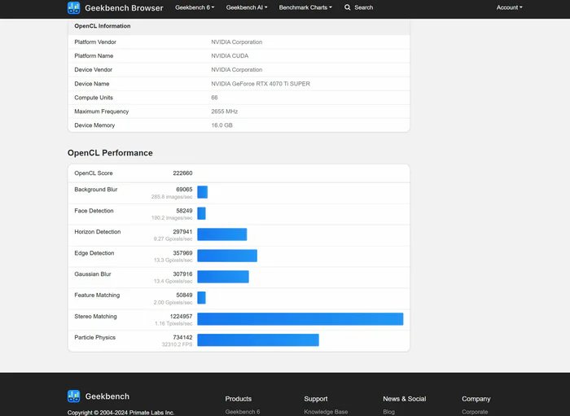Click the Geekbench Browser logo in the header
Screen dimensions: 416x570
[x=115, y=7]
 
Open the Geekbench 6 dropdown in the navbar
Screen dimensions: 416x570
[x=195, y=7]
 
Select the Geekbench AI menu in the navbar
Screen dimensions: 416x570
[x=247, y=7]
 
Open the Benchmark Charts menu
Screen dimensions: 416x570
[x=305, y=7]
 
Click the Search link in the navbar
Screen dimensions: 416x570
[x=359, y=7]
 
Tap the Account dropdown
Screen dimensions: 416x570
[x=510, y=7]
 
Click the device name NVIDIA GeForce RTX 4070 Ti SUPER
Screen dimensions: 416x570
[x=261, y=84]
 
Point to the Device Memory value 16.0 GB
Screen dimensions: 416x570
[x=222, y=125]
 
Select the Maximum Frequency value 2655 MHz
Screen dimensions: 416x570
[x=225, y=112]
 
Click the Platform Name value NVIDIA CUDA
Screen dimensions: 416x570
[x=230, y=56]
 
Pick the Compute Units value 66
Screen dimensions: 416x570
[x=214, y=98]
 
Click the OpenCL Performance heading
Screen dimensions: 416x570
[x=110, y=153]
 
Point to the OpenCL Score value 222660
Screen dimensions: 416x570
[x=182, y=173]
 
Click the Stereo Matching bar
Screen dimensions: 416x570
[x=300, y=319]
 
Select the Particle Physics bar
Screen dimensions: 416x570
[x=257, y=340]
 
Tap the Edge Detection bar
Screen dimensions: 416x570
[x=227, y=256]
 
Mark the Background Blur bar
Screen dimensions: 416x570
[x=202, y=192]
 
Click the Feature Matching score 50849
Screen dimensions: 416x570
[x=184, y=296]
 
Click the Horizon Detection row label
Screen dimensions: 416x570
[x=98, y=232]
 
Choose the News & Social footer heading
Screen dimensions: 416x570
[x=405, y=399]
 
